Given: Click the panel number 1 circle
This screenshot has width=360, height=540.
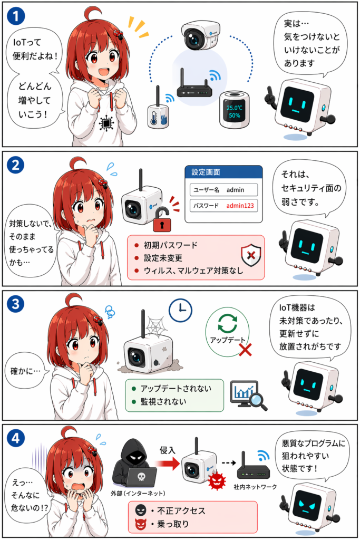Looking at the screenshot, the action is coord(16,16).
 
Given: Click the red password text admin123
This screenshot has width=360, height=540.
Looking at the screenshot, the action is coord(240,206).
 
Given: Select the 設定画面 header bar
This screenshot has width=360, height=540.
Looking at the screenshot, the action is coord(223,172).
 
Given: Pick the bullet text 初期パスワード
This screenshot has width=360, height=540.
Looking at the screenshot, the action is coord(171,245).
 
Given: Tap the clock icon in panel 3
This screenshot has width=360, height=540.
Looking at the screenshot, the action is coord(180,311).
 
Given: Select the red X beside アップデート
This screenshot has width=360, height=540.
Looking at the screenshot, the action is coord(245,349).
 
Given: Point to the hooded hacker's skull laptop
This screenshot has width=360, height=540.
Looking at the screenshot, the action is coord(141,477).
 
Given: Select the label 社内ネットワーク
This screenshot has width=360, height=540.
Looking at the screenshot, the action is coord(255,487).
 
